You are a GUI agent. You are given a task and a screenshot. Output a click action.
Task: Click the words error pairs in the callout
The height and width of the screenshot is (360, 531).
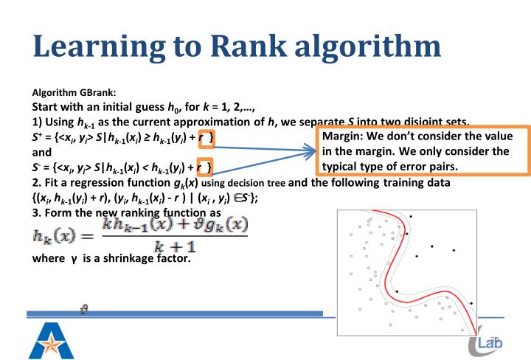pyautogui.click(x=426, y=166)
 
